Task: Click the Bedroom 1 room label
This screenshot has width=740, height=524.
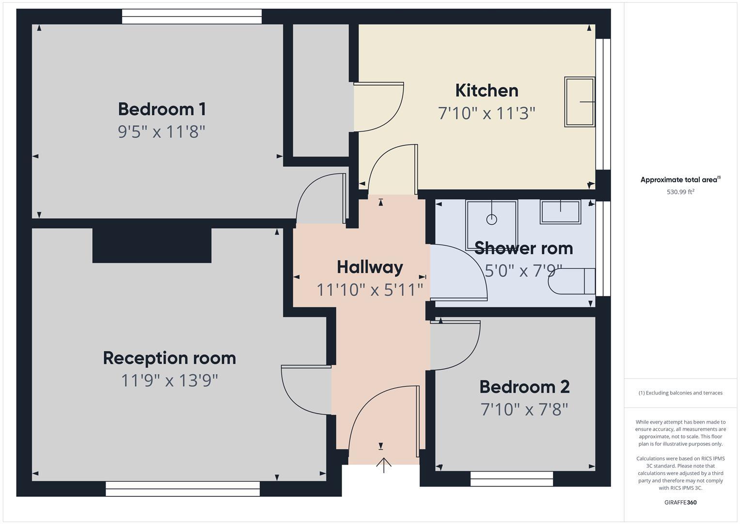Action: [x=162, y=109]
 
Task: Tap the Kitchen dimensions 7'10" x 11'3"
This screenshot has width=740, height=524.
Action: [x=487, y=114]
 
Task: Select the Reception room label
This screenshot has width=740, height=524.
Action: [x=169, y=358]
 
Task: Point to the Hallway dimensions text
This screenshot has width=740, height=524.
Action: [x=370, y=290]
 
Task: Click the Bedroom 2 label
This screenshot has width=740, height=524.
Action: [x=524, y=387]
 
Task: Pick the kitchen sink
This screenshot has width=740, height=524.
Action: [x=580, y=102]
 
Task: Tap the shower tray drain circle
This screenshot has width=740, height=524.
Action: [x=491, y=219]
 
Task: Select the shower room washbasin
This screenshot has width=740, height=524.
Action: [x=560, y=212]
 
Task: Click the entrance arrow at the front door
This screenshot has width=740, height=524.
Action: [x=384, y=464]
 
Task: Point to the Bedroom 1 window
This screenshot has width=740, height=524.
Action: [x=191, y=16]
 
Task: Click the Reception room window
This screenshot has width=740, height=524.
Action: [x=183, y=489]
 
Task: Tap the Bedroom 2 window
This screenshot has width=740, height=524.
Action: [x=511, y=479]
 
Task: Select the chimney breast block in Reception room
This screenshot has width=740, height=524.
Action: [x=152, y=245]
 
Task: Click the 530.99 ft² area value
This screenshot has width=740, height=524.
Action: [x=680, y=192]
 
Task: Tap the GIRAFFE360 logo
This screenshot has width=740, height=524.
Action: [x=680, y=502]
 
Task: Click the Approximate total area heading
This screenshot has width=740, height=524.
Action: [x=680, y=180]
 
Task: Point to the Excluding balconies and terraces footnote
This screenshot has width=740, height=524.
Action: [x=680, y=393]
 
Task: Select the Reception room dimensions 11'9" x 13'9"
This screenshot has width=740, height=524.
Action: [x=169, y=380]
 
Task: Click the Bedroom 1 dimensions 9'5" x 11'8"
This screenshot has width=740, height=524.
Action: [x=162, y=131]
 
